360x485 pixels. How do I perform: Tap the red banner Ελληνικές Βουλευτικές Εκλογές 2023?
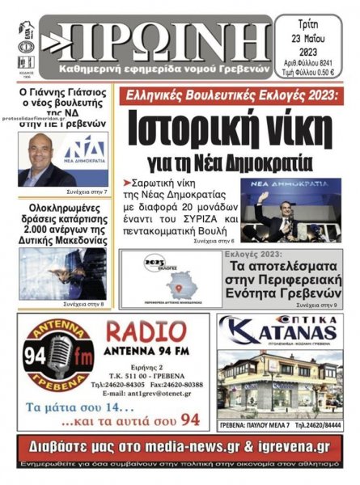tap(229, 95)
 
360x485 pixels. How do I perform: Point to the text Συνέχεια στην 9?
tap(318, 306)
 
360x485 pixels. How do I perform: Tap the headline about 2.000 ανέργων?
tap(63, 226)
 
